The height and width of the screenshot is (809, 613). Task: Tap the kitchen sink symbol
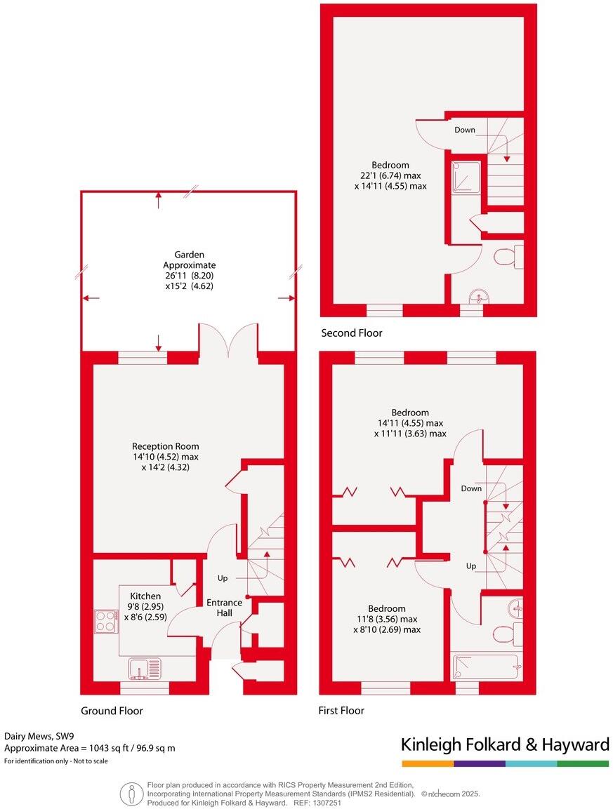click(x=145, y=669)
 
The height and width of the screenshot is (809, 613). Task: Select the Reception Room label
click(x=166, y=446)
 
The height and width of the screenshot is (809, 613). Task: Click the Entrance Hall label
click(x=224, y=608)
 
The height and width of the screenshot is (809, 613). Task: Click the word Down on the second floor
click(x=465, y=130)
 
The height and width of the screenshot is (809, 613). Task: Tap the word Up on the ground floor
click(x=223, y=579)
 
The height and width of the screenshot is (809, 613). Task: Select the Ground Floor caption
click(x=112, y=711)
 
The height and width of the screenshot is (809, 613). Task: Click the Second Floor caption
click(x=352, y=333)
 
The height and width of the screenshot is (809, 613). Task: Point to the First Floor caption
click(x=341, y=711)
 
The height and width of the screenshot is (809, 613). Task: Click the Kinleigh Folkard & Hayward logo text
click(x=504, y=744)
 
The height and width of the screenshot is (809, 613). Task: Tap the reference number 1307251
click(x=327, y=802)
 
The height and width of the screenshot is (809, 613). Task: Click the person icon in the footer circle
click(x=131, y=794)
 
